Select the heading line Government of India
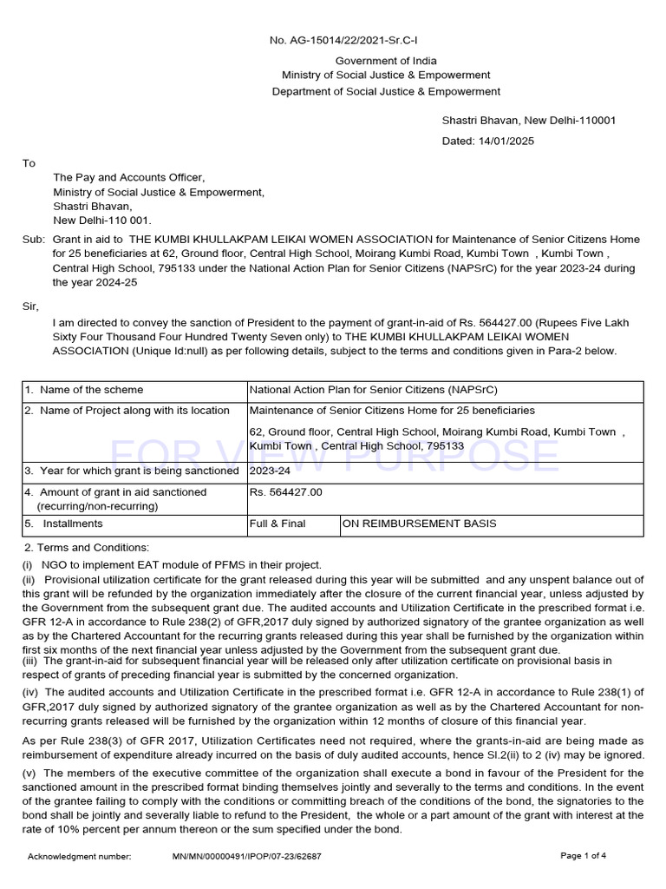coord(386,61)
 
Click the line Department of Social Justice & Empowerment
coord(386,91)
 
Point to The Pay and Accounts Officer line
coord(129,177)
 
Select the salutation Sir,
coord(31,306)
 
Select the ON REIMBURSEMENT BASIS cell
coord(420,524)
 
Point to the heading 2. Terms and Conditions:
coord(87,547)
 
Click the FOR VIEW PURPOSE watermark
coord(334,454)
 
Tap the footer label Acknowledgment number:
coord(80,856)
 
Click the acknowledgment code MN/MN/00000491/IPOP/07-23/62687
coord(247,856)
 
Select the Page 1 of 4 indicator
coord(584,856)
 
